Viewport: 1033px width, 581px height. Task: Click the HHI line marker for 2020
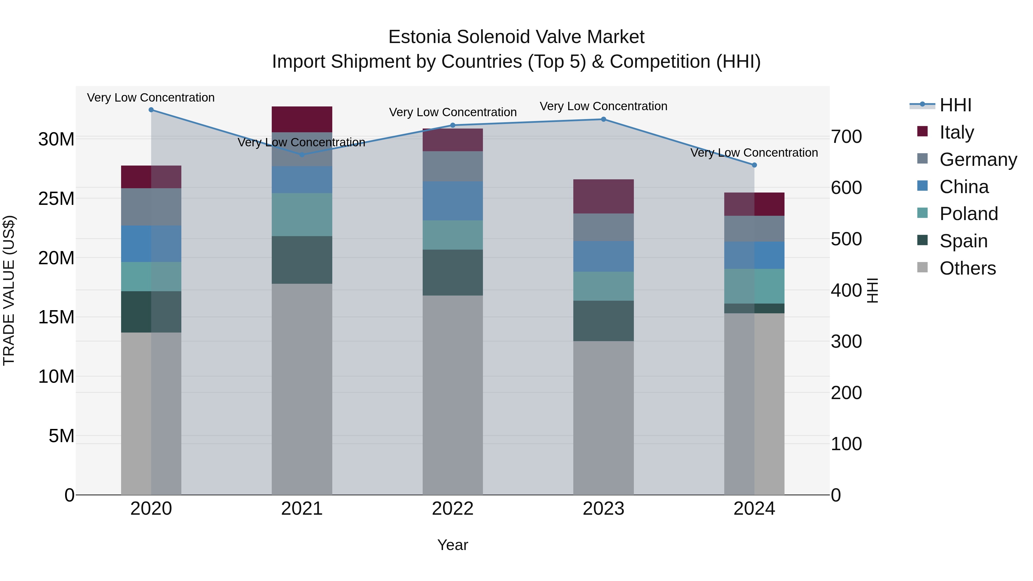(151, 110)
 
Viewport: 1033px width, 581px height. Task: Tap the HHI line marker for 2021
(302, 155)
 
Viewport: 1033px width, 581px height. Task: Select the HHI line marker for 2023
(603, 119)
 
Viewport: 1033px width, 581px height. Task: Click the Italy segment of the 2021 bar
(302, 119)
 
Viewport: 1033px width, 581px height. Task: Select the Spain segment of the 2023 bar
(603, 321)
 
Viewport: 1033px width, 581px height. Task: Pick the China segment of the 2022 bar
(453, 201)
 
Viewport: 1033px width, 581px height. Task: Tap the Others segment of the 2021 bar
(302, 389)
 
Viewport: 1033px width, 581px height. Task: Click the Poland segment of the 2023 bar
(603, 286)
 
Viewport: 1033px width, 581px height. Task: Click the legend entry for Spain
(963, 241)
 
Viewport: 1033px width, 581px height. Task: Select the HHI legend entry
(955, 105)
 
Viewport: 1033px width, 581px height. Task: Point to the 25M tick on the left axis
(56, 199)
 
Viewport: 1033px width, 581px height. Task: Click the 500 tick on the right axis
(846, 239)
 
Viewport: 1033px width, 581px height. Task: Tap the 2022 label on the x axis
(453, 509)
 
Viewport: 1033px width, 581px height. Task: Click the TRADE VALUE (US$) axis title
(9, 290)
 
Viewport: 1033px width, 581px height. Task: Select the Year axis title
(453, 545)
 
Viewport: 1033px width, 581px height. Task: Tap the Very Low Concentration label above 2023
(603, 106)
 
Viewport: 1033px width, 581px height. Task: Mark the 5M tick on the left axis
(61, 436)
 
